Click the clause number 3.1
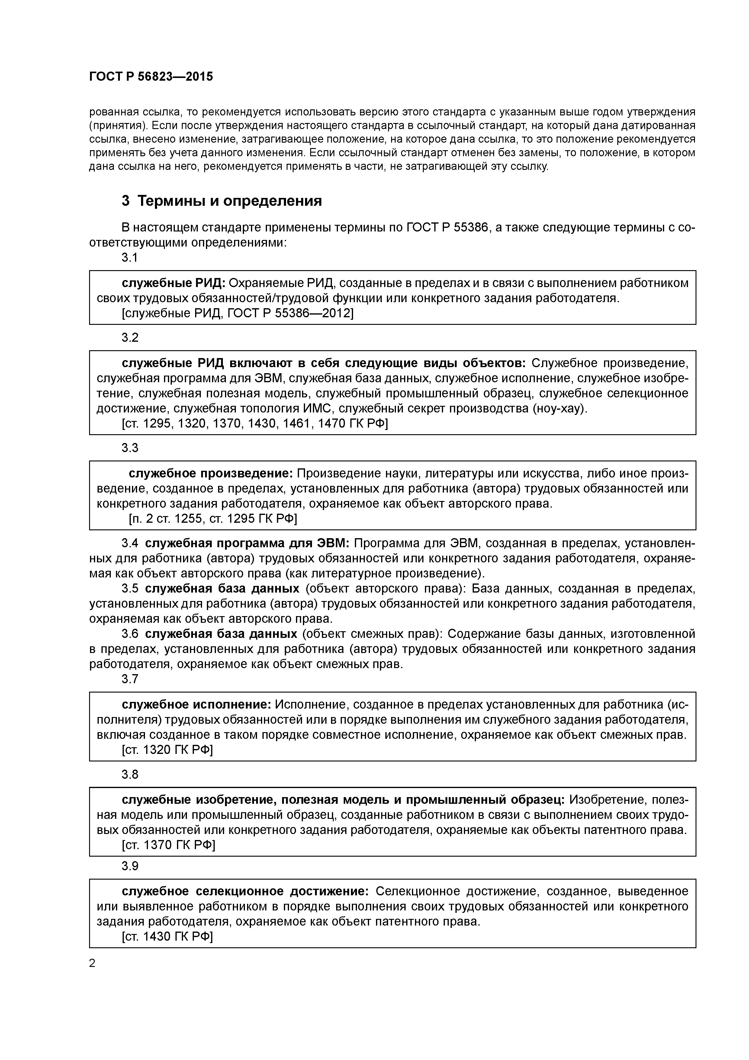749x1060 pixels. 130,258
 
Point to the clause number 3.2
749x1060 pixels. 130,338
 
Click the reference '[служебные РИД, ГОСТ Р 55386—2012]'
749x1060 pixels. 237,313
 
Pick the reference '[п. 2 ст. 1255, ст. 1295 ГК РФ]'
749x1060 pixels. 212,519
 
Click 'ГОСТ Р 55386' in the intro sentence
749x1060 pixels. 447,228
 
